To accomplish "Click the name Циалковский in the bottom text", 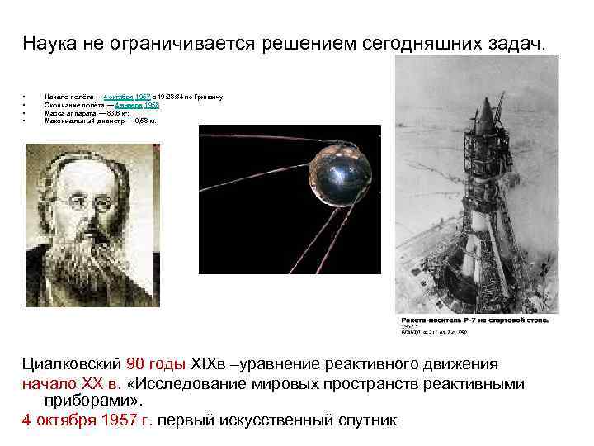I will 72,364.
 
